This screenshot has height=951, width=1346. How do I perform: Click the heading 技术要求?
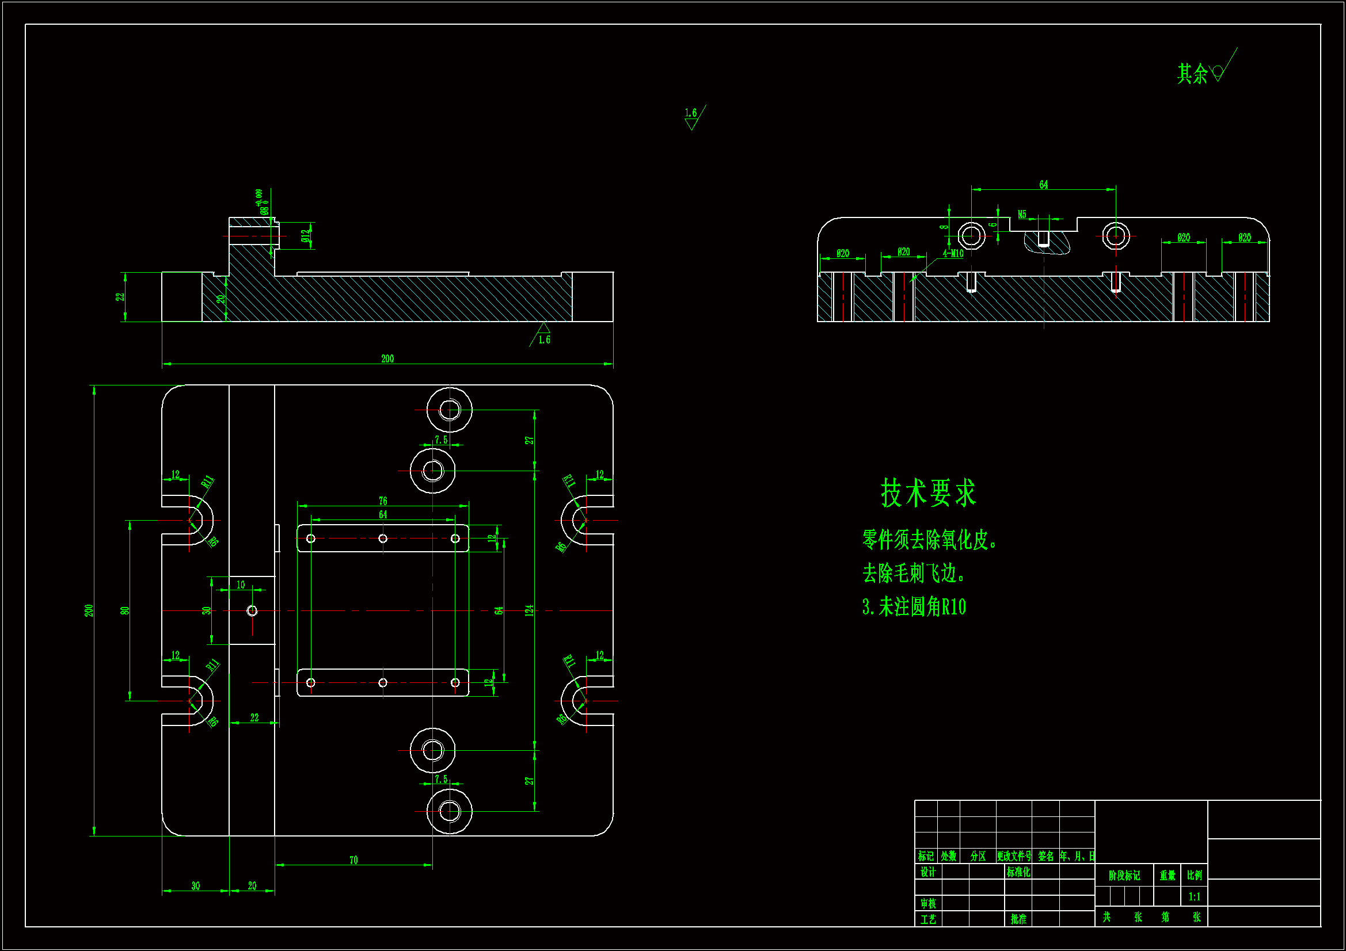pyautogui.click(x=927, y=493)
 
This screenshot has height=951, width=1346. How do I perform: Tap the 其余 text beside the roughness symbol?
pyautogui.click(x=1192, y=74)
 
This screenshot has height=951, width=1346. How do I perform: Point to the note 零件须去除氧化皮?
pyautogui.click(x=929, y=540)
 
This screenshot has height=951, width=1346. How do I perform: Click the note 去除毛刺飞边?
pyautogui.click(x=912, y=573)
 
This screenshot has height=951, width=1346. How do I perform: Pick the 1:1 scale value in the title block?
pyautogui.click(x=1194, y=896)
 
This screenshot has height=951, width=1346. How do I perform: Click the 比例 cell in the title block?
pyautogui.click(x=1194, y=876)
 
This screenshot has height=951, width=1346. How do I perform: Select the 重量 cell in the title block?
pyautogui.click(x=1167, y=876)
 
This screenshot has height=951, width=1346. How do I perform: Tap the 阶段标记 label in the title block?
pyautogui.click(x=1124, y=876)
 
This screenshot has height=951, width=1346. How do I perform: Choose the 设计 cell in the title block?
pyautogui.click(x=928, y=872)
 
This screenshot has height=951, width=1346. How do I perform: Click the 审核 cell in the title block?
pyautogui.click(x=928, y=904)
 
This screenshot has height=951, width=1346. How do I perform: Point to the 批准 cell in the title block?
pyautogui.click(x=1018, y=919)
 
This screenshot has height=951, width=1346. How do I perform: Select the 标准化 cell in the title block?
pyautogui.click(x=1018, y=872)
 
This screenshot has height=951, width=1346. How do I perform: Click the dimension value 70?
pyautogui.click(x=353, y=860)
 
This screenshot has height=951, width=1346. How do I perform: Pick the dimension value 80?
pyautogui.click(x=125, y=610)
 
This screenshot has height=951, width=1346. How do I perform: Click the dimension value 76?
pyautogui.click(x=383, y=501)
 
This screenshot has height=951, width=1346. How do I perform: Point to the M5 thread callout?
pyautogui.click(x=1022, y=215)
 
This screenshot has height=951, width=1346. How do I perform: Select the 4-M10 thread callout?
pyautogui.click(x=953, y=254)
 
